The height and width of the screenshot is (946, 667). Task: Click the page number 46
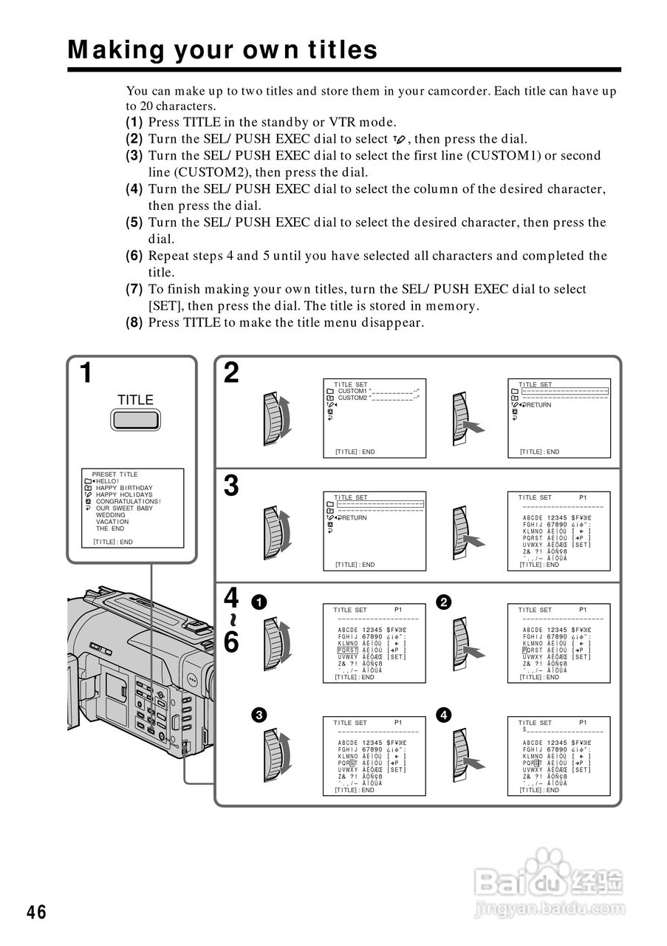pos(36,912)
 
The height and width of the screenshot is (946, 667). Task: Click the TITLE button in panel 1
pos(135,420)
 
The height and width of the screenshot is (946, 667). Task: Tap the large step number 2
pos(231,373)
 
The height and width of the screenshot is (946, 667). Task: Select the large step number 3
pos(231,486)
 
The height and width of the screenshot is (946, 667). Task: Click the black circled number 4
pos(443,715)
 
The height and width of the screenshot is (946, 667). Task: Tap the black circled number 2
pos(443,602)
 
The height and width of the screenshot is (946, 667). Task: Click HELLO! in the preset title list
pos(108,481)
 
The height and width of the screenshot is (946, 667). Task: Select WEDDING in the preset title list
pos(111,515)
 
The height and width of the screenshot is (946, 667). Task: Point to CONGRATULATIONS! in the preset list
pos(128,502)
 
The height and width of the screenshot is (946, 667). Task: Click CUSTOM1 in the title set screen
pos(352,391)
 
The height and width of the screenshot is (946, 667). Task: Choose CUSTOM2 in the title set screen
pos(352,398)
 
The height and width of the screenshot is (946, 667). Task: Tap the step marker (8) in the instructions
pos(134,322)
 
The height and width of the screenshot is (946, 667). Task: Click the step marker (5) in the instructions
pos(134,222)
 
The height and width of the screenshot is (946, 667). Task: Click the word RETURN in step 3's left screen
pos(354,518)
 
